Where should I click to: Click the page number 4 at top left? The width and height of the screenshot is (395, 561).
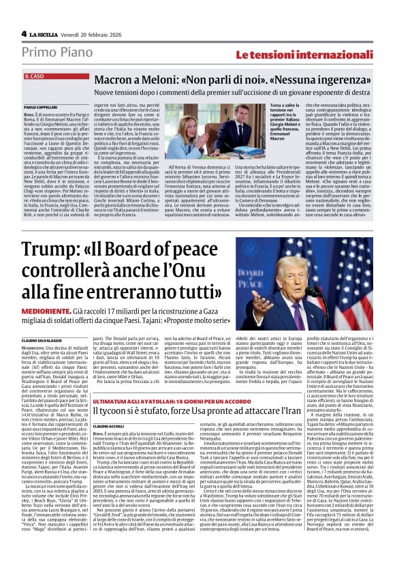[x=24, y=33]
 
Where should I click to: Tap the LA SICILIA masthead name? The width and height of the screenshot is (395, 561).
[x=44, y=33]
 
